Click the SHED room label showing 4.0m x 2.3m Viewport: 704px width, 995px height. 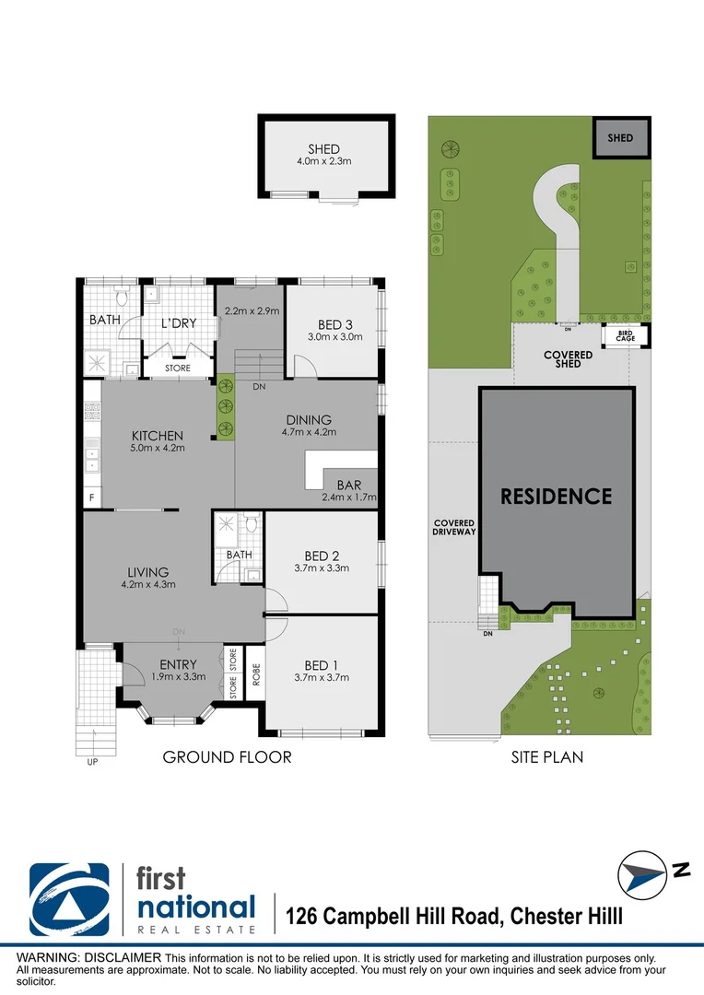[x=323, y=154]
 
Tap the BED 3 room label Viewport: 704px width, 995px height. [x=335, y=330]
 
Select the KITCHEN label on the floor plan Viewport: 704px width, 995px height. [x=158, y=441]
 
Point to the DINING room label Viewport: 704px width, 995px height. [x=309, y=425]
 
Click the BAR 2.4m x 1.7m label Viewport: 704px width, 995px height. [x=349, y=490]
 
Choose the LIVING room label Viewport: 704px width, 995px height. [x=148, y=578]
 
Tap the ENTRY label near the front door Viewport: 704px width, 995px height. [x=179, y=670]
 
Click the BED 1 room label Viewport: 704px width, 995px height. [x=322, y=671]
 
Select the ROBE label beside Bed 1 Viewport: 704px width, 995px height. [x=256, y=673]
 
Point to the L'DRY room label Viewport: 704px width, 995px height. [x=179, y=323]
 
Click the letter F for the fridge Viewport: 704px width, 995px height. [x=92, y=498]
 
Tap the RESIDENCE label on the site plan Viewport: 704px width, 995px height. [x=557, y=497]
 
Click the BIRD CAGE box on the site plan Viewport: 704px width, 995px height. [x=626, y=336]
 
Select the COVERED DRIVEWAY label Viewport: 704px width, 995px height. [x=454, y=527]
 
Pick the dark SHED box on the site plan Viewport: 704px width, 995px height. [x=621, y=137]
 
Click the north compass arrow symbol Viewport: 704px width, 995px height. [x=641, y=874]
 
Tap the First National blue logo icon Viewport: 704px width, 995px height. [x=69, y=900]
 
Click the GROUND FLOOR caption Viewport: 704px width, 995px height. [x=228, y=757]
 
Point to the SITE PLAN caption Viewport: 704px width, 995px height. [x=547, y=757]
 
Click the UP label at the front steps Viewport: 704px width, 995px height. [x=93, y=762]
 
